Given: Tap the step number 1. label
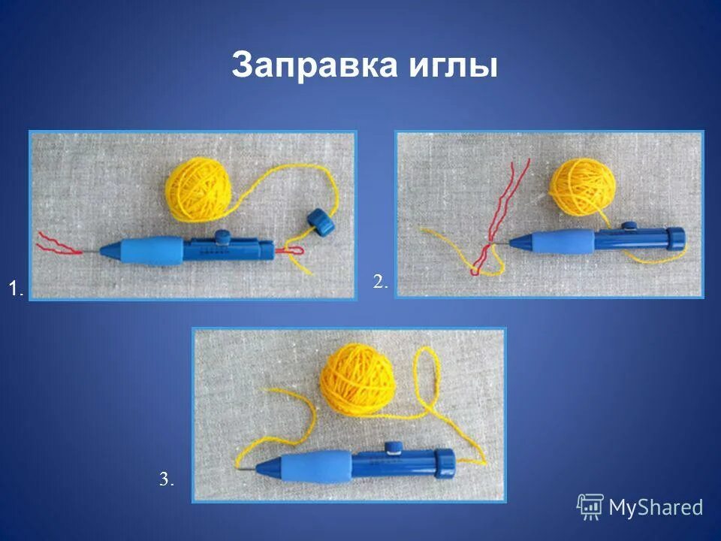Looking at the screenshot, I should [17, 287].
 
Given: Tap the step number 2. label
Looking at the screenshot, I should [381, 282].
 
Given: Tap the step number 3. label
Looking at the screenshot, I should [166, 479].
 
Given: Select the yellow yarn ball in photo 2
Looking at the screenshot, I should [584, 188].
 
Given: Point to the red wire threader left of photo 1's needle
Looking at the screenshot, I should [59, 243].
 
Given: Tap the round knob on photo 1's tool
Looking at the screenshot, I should [222, 235].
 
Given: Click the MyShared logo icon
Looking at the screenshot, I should [590, 507].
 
